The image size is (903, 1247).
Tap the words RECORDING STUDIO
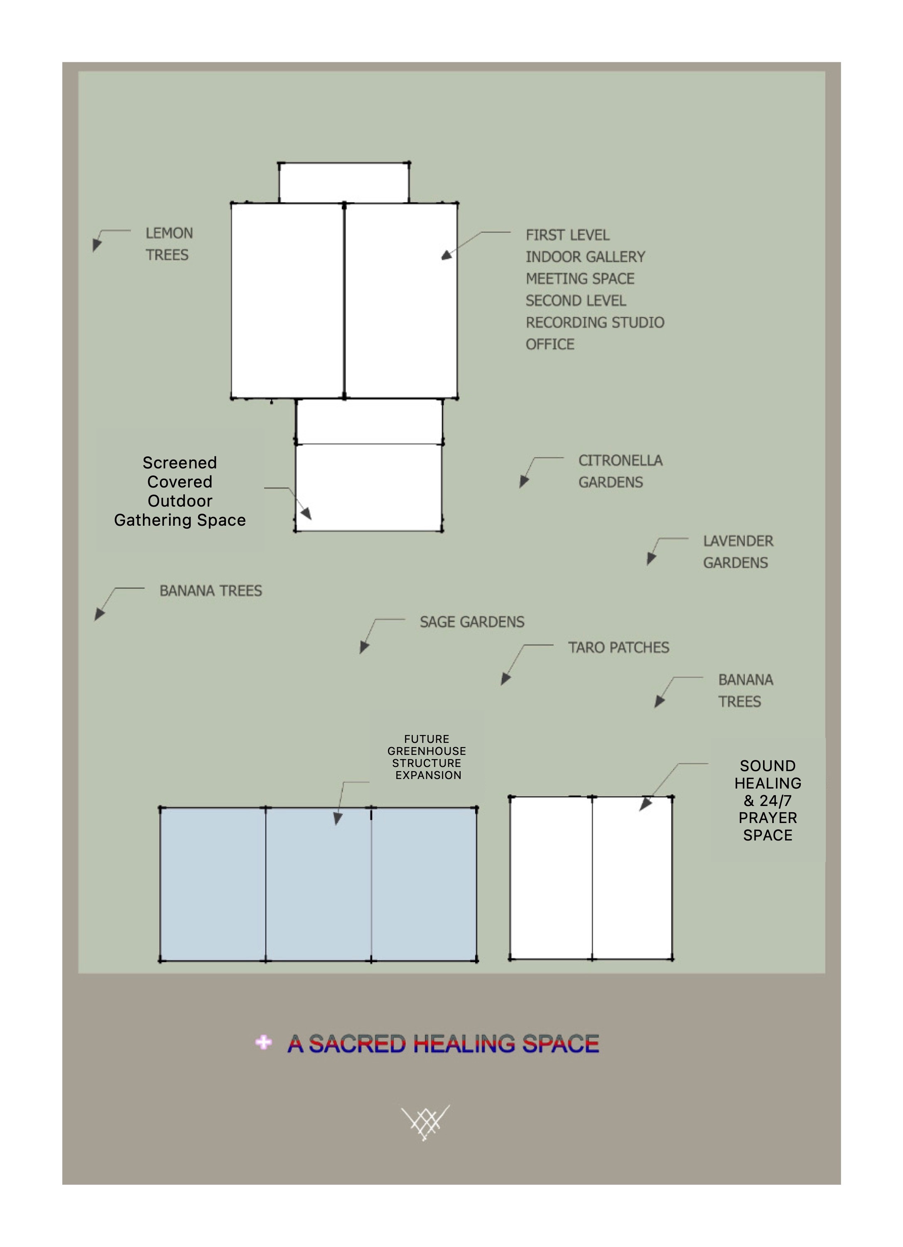tap(595, 322)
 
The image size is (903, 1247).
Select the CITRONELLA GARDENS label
tap(620, 471)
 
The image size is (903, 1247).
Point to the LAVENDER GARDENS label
tap(738, 552)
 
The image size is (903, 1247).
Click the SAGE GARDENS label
tap(472, 622)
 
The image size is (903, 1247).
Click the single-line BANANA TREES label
tap(211, 591)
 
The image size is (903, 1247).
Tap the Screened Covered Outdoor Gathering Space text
tap(180, 491)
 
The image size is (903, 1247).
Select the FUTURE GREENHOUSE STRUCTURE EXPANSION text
tap(427, 757)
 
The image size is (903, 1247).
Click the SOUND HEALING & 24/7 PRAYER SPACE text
tap(768, 800)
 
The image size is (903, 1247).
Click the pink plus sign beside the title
tap(263, 1042)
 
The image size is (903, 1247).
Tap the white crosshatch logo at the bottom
tap(425, 1122)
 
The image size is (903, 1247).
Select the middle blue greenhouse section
tap(319, 884)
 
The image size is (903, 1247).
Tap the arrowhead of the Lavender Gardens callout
tap(651, 559)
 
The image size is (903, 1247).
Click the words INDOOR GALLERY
tap(585, 257)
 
